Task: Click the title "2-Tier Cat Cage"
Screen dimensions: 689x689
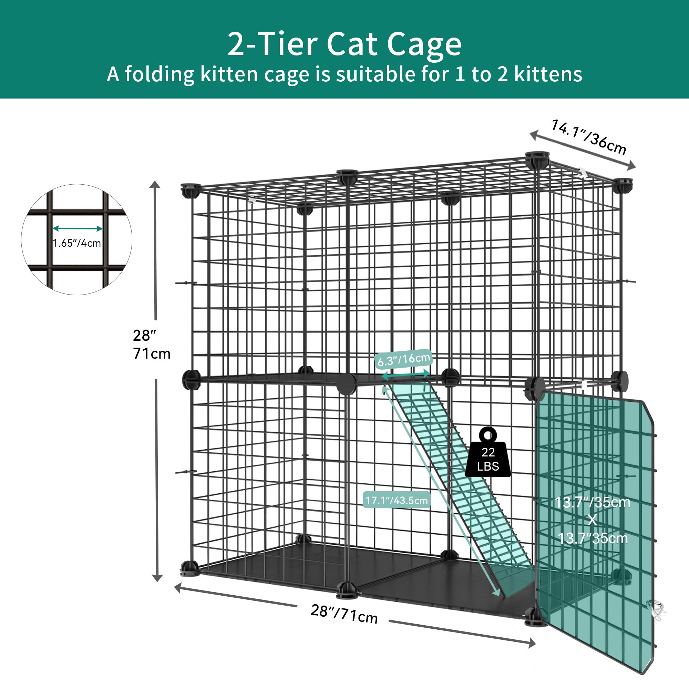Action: pos(344,44)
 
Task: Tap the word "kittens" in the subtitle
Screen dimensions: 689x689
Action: pos(548,74)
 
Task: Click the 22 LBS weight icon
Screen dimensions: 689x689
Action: pos(488,453)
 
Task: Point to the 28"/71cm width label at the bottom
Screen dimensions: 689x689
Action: pos(344,613)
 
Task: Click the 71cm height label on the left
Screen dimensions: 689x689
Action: pos(152,353)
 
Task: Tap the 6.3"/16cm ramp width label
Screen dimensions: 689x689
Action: pos(404,359)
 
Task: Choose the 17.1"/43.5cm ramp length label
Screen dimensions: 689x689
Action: pos(397,500)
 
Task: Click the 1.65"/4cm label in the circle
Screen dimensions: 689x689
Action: pos(77,243)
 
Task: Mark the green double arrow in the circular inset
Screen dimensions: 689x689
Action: pos(78,229)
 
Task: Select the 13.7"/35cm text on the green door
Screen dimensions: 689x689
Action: pos(592,503)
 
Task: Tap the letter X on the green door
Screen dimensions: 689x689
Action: pos(592,520)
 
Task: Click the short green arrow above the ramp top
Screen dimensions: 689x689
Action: pos(406,374)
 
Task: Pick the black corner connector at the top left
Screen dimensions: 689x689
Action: pos(190,190)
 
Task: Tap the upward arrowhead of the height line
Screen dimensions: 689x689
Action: pos(155,184)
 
